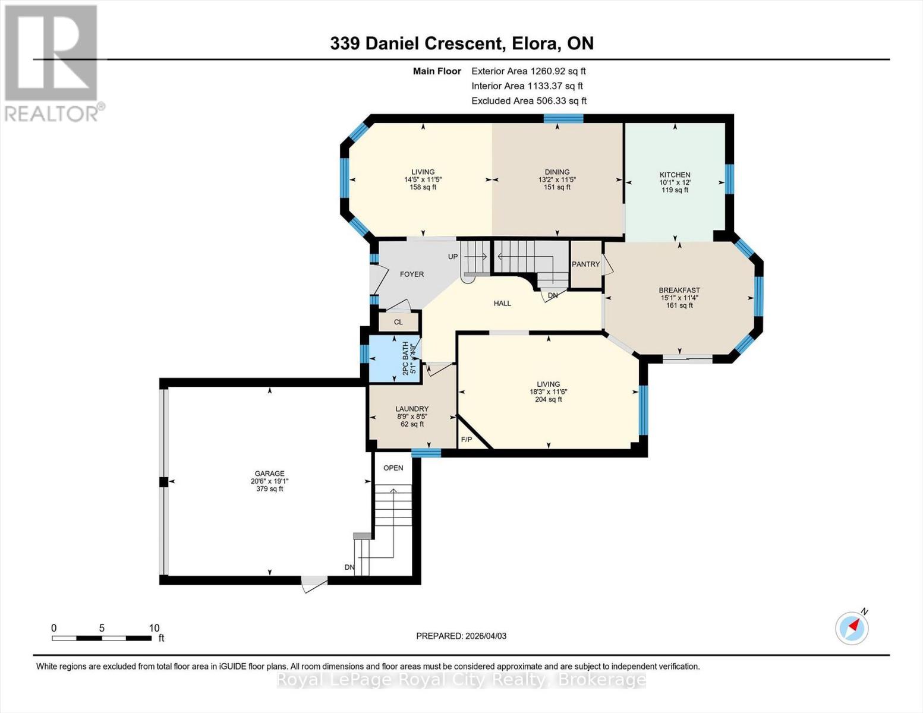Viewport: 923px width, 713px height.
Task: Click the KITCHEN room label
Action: pos(675,175)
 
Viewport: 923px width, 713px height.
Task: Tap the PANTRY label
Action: pos(585,264)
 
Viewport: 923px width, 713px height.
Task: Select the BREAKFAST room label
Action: pos(679,291)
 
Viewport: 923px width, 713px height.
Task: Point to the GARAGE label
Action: pos(270,474)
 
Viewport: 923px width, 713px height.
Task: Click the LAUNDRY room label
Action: pos(412,409)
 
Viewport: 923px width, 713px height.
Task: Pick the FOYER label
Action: pos(412,274)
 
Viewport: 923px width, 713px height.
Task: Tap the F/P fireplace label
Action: pos(467,440)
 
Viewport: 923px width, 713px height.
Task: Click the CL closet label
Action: pos(398,322)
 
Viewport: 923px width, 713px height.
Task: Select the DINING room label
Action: pos(557,172)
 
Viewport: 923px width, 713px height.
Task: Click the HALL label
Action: pos(502,303)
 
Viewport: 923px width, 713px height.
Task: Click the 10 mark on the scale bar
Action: pos(154,628)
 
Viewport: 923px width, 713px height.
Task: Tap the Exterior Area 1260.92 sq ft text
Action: pos(528,71)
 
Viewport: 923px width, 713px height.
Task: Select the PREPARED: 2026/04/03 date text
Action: pos(461,636)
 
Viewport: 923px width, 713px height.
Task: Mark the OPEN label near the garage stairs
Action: pos(393,468)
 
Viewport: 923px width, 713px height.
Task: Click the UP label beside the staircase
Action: pos(453,257)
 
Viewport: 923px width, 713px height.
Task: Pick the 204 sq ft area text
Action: pos(548,399)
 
